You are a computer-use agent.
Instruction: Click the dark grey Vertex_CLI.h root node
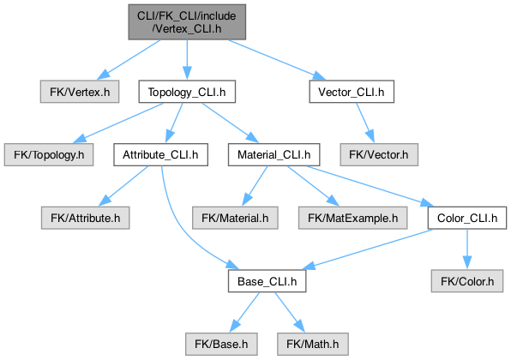coord(187,22)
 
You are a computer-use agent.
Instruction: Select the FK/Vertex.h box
coord(80,92)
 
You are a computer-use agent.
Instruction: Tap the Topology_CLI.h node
coord(187,92)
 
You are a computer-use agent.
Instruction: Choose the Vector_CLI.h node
coord(352,92)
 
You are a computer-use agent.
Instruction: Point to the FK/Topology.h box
coord(49,155)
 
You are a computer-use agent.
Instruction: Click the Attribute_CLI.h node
coord(160,155)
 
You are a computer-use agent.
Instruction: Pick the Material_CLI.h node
coord(274,155)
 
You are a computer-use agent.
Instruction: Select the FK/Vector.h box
coord(379,155)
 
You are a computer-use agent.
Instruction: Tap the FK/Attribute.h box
coord(86,218)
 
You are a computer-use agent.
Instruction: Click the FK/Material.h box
coord(235,218)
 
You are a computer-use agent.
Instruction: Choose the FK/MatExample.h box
coord(353,218)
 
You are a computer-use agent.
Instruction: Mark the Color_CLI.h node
coord(467,218)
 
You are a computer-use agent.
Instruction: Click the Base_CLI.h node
coord(268,281)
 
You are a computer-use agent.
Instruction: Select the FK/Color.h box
coord(467,281)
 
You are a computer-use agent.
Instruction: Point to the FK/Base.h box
coord(221,344)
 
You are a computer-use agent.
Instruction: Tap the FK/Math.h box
coord(313,344)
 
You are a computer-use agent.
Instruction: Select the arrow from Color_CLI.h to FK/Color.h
coord(467,249)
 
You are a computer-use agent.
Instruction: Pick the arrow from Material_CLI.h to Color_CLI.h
coord(370,186)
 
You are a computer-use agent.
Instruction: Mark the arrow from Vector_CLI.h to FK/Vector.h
coord(365,123)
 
